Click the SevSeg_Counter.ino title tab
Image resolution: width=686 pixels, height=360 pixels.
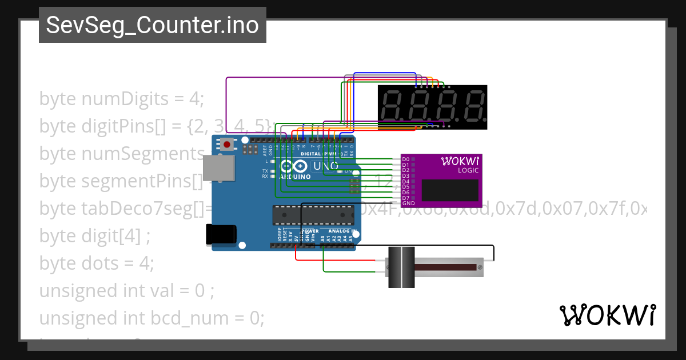(152, 26)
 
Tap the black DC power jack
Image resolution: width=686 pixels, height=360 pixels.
(221, 234)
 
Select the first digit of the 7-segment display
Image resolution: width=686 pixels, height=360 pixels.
(393, 106)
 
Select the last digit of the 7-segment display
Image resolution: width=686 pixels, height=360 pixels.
(473, 106)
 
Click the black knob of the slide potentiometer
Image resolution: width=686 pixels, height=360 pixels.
(401, 267)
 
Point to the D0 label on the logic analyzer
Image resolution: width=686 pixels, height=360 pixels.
(406, 159)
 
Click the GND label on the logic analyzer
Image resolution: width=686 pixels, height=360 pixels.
(408, 203)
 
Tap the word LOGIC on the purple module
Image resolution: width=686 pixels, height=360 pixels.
(468, 170)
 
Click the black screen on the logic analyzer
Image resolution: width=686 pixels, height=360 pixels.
(450, 190)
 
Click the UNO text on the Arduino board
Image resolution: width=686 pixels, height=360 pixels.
(326, 166)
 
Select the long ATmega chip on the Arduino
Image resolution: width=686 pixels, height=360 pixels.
(312, 214)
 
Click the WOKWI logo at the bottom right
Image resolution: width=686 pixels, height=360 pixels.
(607, 315)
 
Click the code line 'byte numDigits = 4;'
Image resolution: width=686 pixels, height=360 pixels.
(121, 99)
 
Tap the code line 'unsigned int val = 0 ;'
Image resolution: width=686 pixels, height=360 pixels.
(126, 291)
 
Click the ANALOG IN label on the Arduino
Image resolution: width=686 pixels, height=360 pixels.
(342, 231)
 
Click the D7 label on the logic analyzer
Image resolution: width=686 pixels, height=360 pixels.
(406, 198)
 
